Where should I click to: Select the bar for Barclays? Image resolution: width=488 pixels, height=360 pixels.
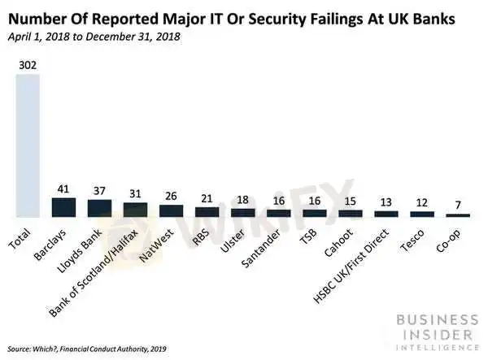[63, 207]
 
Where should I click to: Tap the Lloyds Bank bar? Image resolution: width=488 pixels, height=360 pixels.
[99, 208]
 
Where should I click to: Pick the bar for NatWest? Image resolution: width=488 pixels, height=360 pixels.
[171, 210]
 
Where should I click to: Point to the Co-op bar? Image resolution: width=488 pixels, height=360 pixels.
[458, 215]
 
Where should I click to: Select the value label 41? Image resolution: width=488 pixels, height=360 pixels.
[63, 189]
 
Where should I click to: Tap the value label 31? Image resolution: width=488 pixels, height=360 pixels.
[135, 194]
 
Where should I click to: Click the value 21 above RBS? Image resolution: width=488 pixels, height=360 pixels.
[207, 199]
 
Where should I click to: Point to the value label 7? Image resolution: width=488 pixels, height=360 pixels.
[458, 206]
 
